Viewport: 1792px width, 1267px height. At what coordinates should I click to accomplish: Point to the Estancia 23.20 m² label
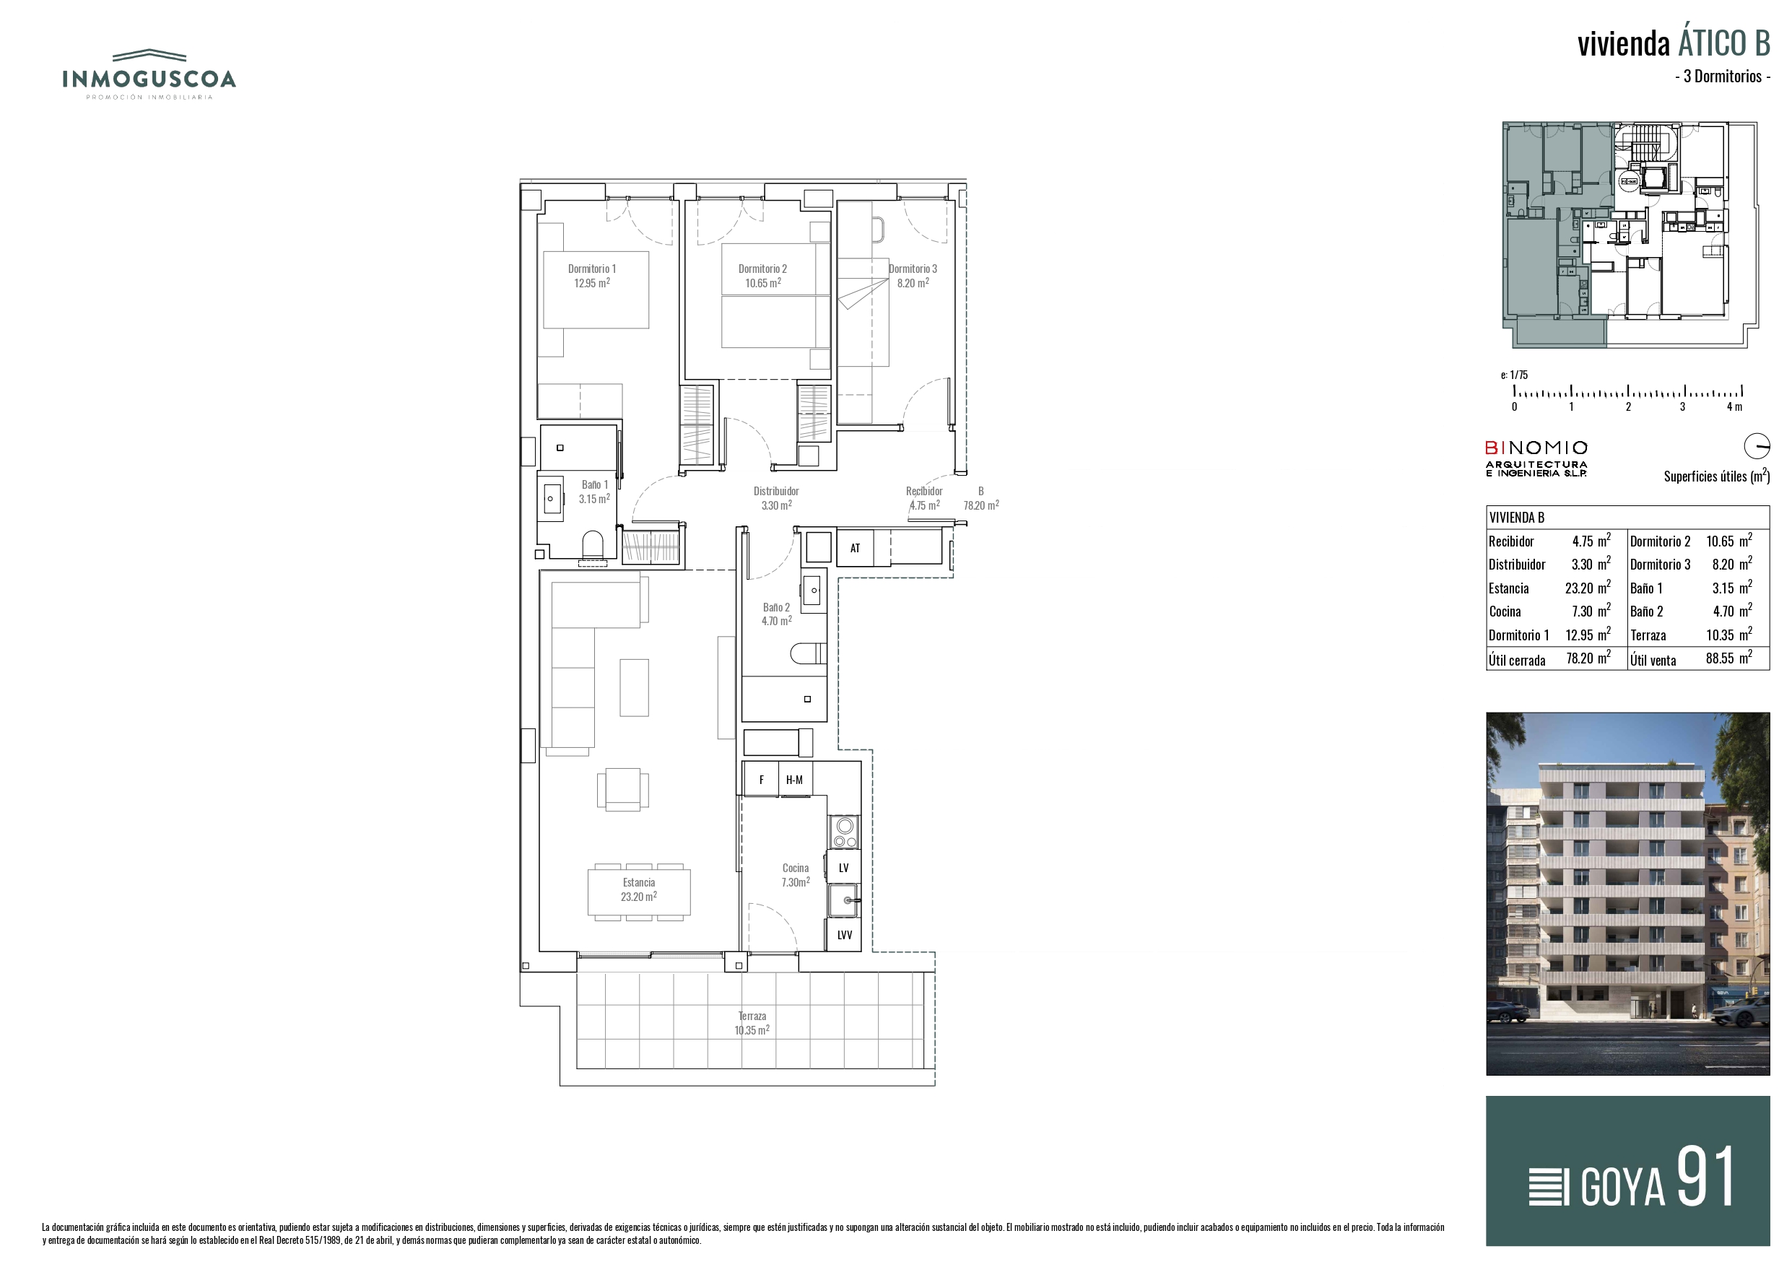639,890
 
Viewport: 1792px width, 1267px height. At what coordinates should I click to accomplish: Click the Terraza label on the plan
752,1016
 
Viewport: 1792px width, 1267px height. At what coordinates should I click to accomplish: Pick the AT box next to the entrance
855,547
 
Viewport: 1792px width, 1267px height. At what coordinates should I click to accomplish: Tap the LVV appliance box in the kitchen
844,934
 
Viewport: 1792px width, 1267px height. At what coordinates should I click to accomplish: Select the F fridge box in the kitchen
761,779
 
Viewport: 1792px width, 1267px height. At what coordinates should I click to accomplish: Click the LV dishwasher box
844,867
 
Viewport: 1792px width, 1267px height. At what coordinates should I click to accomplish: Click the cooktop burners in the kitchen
844,832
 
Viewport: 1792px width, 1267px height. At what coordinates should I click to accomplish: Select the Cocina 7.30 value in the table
1583,611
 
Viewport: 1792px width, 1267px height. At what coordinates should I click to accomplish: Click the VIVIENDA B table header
1516,518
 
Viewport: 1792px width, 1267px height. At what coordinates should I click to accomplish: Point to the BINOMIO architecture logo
1536,458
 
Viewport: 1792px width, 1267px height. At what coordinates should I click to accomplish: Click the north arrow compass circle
1757,447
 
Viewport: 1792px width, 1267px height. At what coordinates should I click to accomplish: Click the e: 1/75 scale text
1514,375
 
